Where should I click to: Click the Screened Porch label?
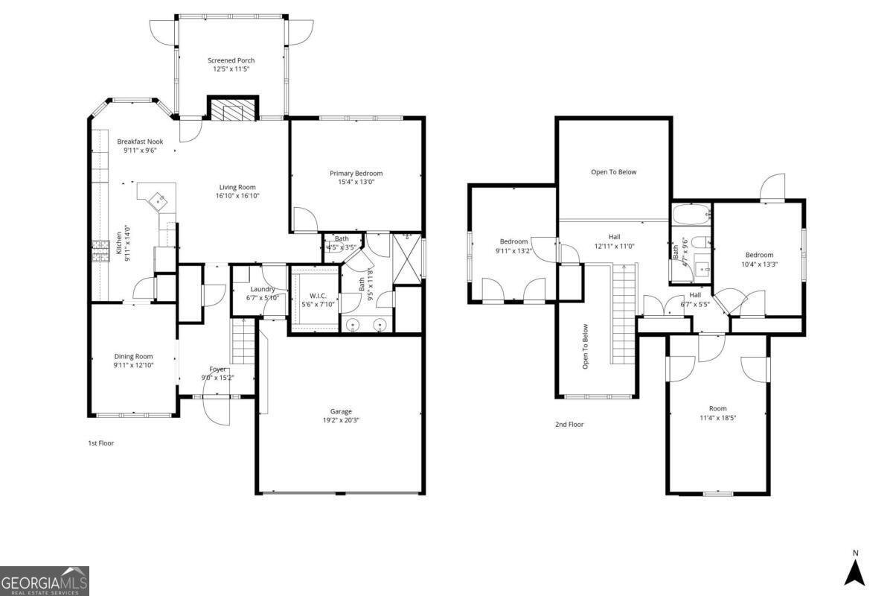230,60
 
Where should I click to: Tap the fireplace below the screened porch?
231,110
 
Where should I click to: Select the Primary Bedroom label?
356,173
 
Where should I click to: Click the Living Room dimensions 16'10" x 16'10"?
237,196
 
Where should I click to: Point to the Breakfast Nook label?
139,142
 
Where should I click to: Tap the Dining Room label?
133,356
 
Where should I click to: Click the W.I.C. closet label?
316,296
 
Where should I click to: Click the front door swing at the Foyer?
216,410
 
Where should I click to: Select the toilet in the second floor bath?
700,242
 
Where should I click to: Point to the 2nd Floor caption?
569,425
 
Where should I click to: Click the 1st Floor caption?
100,443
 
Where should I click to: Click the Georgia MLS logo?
45,580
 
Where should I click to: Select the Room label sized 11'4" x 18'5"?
717,408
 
